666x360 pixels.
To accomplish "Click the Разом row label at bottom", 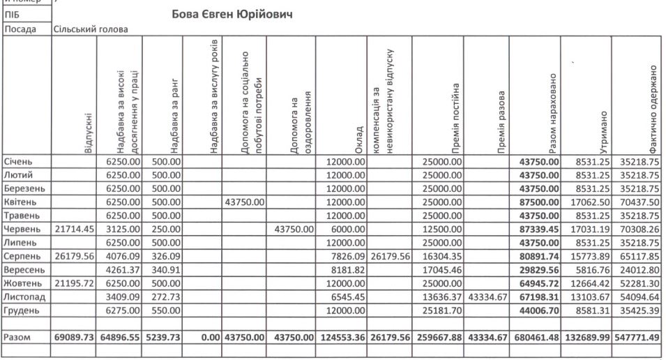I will click(18, 337).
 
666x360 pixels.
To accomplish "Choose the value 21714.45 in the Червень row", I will click(73, 229).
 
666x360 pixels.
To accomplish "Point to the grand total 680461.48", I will click(535, 338).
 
